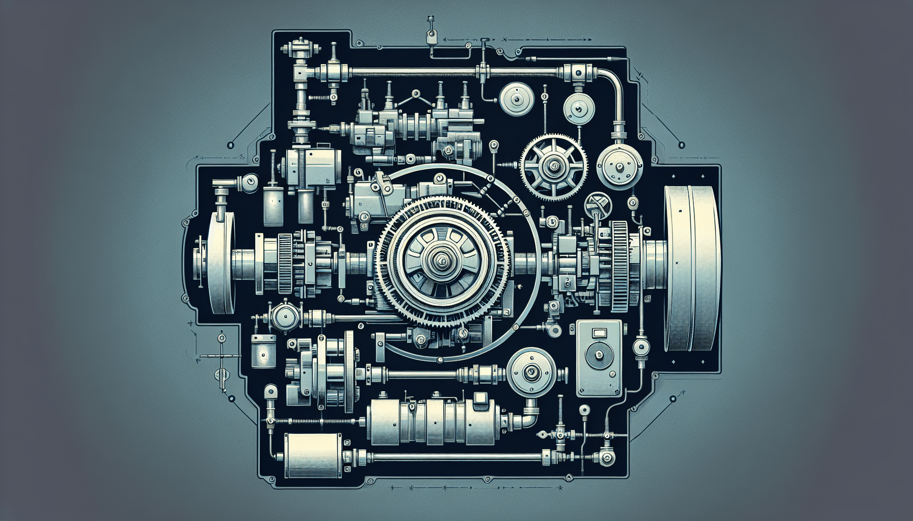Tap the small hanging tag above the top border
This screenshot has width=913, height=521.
pos(431,37)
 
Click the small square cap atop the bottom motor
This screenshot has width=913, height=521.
pos(480,399)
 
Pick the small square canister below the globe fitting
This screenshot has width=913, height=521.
pos(263,350)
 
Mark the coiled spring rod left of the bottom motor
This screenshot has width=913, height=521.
pos(316,421)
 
